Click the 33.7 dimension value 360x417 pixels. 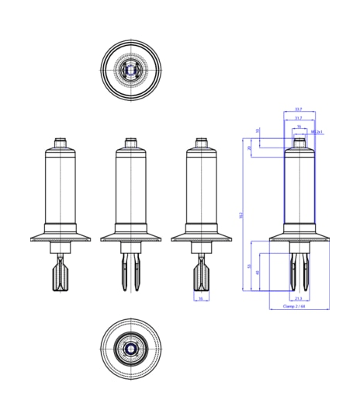tap(299, 109)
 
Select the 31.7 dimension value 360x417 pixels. tap(299, 117)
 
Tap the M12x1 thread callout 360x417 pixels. tap(316, 132)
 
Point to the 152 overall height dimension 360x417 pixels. tap(241, 214)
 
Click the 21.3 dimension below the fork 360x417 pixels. tap(298, 298)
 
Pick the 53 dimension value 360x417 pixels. tap(249, 266)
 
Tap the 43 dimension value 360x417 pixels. tap(258, 272)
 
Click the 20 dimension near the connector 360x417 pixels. tap(249, 148)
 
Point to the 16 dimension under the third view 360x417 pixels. tap(200, 298)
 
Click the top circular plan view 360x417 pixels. tap(131, 71)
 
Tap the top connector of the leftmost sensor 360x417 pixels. tap(62, 144)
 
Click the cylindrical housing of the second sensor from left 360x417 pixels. tap(131, 186)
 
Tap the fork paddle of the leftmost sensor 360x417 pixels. tap(62, 273)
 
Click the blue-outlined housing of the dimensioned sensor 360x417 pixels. tap(299, 186)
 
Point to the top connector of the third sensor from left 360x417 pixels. tap(201, 144)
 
